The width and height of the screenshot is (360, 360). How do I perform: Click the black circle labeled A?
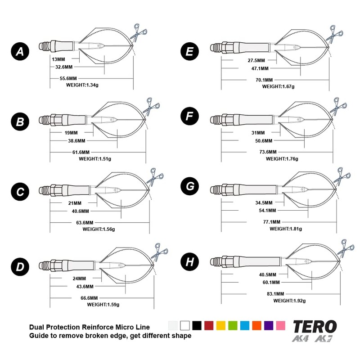pyautogui.click(x=20, y=52)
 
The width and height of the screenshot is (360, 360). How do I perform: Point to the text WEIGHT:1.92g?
pyautogui.click(x=290, y=300)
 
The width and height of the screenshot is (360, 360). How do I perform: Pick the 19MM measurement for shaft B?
pyautogui.click(x=71, y=133)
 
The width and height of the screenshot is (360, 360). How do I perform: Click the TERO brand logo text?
pyautogui.click(x=315, y=326)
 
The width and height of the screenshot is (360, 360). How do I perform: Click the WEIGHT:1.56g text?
pyautogui.click(x=99, y=229)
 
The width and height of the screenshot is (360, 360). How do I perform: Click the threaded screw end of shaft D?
pyautogui.click(x=44, y=265)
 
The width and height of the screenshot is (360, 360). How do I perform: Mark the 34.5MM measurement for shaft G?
pyautogui.click(x=265, y=203)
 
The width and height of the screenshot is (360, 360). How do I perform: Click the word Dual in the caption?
pyautogui.click(x=37, y=327)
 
